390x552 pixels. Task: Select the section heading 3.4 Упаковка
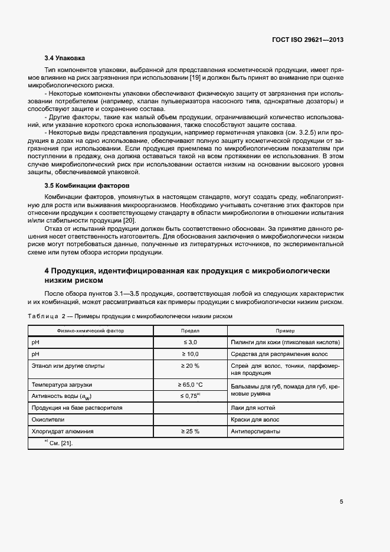point(65,58)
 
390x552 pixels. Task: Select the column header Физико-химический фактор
point(90,331)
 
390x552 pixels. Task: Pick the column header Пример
point(285,331)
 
